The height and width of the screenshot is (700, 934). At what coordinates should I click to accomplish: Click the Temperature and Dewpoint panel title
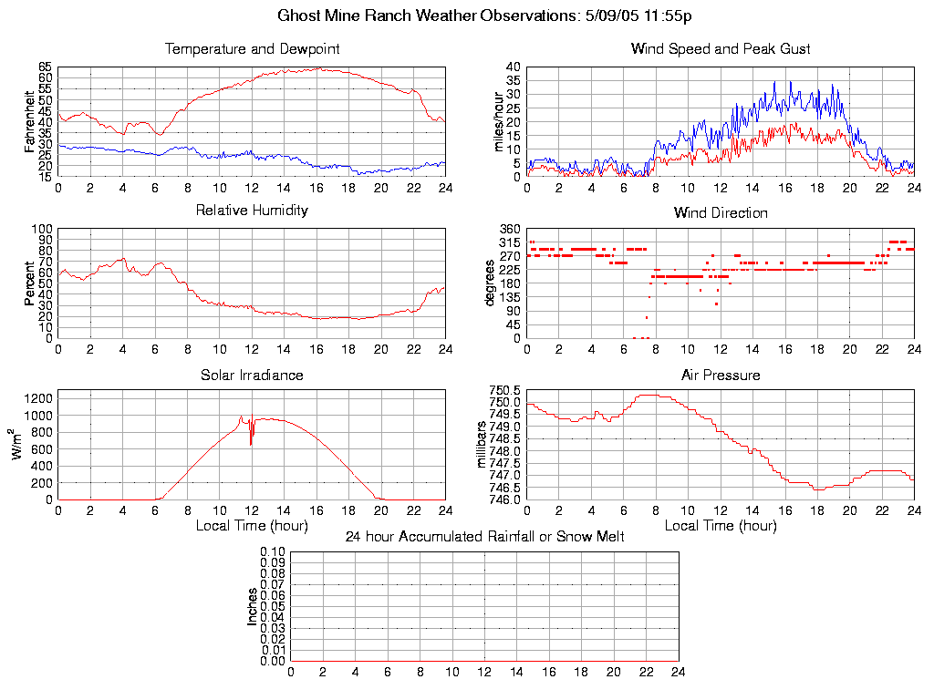[252, 48]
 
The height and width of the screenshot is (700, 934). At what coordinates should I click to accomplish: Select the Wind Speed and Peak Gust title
[721, 48]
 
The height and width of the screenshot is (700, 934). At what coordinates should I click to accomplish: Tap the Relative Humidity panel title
[252, 211]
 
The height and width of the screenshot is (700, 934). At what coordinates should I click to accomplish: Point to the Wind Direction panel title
[721, 213]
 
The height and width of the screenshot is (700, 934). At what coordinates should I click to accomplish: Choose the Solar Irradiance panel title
[252, 375]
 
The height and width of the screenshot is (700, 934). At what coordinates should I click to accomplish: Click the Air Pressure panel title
[721, 375]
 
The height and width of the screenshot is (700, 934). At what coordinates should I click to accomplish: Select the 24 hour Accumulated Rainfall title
[484, 537]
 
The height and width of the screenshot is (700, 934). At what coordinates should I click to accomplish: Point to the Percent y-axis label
[30, 283]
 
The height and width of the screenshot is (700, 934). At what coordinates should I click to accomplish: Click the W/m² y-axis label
[18, 446]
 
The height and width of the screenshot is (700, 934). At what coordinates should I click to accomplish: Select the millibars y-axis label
[483, 446]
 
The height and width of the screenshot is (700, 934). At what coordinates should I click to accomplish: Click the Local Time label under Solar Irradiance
[252, 525]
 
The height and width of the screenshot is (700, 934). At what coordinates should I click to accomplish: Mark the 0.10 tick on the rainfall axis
[273, 551]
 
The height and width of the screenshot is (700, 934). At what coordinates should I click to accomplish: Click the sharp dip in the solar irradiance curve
[251, 443]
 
